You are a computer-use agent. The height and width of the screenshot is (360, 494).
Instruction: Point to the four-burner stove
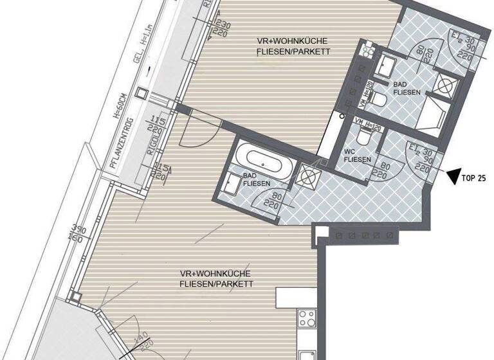pos(306,318)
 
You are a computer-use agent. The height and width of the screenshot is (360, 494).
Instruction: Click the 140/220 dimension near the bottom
pos(138,348)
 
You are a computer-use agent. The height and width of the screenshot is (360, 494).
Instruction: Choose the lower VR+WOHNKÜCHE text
pos(216,278)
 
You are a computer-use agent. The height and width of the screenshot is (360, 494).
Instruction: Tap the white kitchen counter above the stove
pos(297,296)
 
